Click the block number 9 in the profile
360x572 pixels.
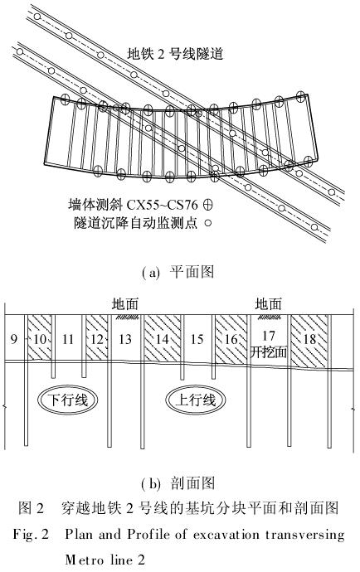13,339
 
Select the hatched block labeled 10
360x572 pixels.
40,337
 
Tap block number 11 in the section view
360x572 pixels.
68,339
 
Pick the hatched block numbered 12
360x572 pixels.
97,337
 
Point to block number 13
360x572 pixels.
125,339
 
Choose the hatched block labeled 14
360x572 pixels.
163,338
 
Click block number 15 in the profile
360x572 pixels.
197,339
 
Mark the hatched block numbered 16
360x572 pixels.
231,340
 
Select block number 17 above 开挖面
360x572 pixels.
269,335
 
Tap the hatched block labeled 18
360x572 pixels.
309,342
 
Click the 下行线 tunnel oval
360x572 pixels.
68,400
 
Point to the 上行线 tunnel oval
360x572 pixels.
195,400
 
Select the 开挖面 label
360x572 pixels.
269,352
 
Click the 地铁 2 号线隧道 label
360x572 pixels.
175,54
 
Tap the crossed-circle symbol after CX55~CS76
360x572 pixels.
207,205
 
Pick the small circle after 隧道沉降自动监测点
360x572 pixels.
208,223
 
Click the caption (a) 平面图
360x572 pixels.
178,272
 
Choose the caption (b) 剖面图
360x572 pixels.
178,483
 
